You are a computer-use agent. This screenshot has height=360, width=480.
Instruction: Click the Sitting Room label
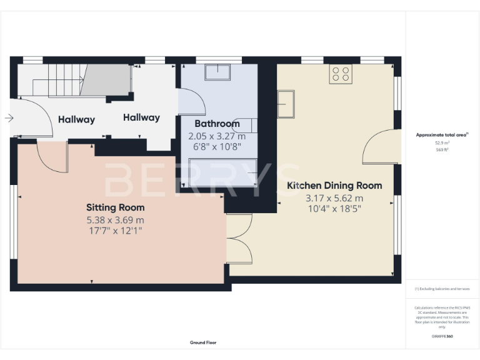coord(115,207)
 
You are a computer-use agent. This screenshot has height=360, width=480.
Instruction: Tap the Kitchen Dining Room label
coord(334,186)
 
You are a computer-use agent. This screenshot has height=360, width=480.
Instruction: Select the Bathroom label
coord(217,124)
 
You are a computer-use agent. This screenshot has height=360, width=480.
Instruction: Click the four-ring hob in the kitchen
coord(341,74)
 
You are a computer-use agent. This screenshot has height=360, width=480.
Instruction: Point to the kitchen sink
coord(287,104)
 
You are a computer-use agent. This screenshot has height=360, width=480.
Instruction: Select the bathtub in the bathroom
coord(222,173)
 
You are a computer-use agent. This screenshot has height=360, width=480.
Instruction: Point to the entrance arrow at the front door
coord(8,117)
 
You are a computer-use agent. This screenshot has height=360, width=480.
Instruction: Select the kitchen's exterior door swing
coord(381,146)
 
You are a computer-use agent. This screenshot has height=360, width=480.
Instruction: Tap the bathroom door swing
coord(190,100)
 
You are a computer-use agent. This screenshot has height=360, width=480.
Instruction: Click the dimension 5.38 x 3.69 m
coord(115,220)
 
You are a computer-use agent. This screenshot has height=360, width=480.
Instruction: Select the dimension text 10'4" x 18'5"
coord(334,209)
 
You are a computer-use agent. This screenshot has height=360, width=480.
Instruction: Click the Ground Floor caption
coord(203,342)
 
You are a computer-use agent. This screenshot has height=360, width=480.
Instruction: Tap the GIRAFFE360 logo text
coord(442,336)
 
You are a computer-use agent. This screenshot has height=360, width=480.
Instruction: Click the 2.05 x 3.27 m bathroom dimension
coord(217,136)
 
